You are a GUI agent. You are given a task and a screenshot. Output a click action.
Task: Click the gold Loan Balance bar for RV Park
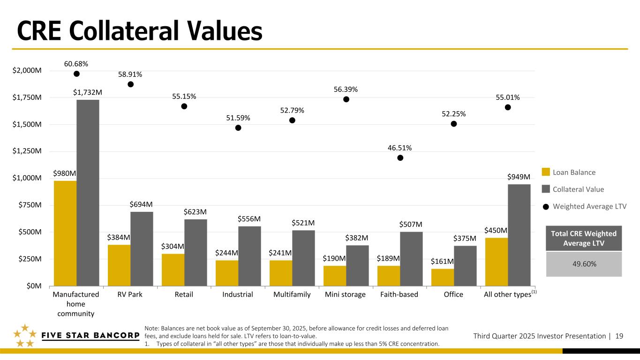tap(119, 265)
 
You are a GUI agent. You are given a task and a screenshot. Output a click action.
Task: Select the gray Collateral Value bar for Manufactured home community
tap(88, 192)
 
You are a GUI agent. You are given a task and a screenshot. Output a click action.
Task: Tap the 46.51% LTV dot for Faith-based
tap(400, 158)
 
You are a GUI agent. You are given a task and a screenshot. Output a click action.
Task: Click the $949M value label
tap(519, 177)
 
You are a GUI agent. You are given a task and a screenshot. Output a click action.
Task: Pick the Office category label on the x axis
tap(453, 294)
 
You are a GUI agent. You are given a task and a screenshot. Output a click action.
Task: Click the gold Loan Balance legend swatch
tap(545, 172)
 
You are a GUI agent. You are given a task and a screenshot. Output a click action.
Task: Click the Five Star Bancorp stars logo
tap(23, 336)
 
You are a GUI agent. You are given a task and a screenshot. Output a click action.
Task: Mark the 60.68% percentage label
tap(76, 64)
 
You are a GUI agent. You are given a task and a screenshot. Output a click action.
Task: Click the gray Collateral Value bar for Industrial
tap(249, 255)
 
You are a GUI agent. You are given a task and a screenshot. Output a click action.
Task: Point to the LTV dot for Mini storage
tap(346, 99)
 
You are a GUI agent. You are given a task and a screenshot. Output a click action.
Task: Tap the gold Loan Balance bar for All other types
tap(497, 261)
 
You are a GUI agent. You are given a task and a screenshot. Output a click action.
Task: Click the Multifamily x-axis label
tap(292, 294)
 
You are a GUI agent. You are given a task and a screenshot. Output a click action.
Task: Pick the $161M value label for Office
tap(442, 261)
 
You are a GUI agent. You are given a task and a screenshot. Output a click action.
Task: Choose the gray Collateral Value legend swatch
tap(545, 189)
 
